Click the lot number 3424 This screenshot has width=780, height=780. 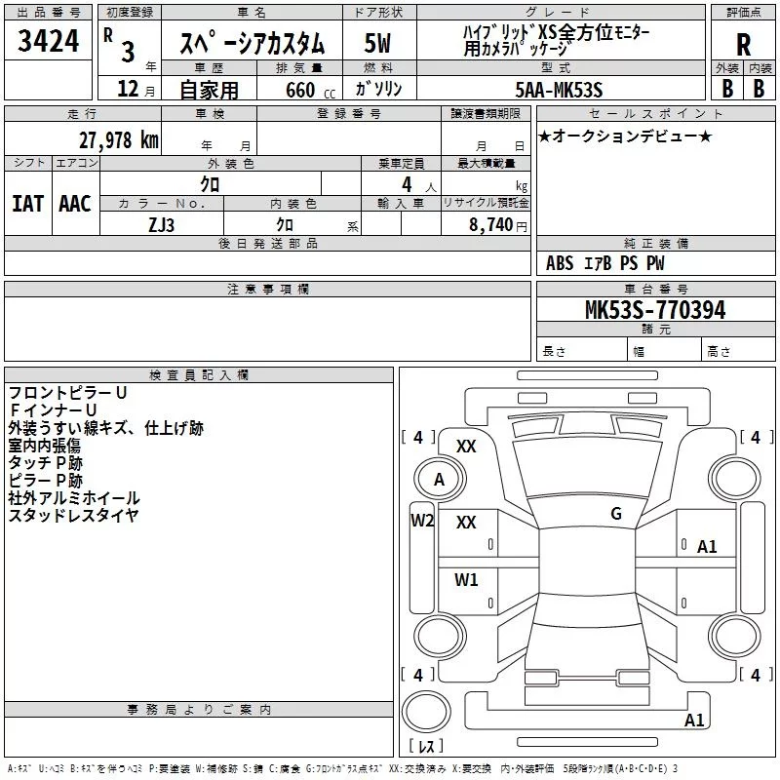click(48, 42)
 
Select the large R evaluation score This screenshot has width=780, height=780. click(743, 44)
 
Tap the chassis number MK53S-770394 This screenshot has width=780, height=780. click(654, 310)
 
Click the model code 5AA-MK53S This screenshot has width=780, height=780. click(559, 90)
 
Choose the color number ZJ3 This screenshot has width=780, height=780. click(161, 223)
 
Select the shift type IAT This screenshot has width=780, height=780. click(27, 204)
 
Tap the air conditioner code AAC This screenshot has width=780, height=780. click(74, 204)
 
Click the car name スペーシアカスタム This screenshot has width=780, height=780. click(251, 44)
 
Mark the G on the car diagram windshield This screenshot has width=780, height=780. click(616, 514)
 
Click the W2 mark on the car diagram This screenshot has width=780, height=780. click(421, 520)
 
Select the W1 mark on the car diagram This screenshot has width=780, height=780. click(466, 580)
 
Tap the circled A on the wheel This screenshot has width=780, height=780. click(439, 480)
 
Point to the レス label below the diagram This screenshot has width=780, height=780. click(425, 746)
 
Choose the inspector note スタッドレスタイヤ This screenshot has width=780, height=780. click(74, 516)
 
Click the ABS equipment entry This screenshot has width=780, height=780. click(560, 263)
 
